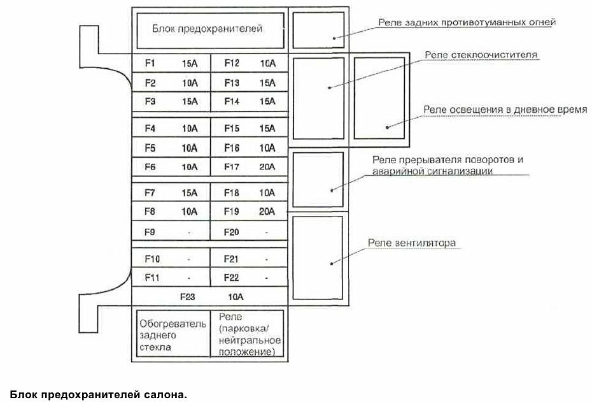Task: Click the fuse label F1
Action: [150, 63]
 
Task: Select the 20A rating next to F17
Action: [267, 168]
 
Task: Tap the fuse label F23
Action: [187, 297]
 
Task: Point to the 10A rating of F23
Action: [236, 297]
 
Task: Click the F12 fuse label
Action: [232, 63]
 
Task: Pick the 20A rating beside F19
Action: [267, 212]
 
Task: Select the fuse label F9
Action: [150, 233]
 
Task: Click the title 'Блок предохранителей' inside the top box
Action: [208, 29]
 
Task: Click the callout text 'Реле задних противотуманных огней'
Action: [467, 22]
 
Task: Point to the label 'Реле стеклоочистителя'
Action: [482, 55]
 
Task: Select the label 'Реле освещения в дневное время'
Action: [505, 110]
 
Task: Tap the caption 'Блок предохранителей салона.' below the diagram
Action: [99, 394]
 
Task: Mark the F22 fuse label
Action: [232, 278]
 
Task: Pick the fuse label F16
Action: [232, 148]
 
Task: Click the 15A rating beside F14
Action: [267, 101]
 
